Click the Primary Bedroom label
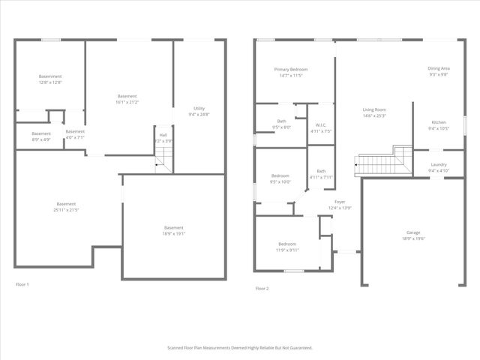click(x=290, y=72)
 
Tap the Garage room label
click(x=413, y=235)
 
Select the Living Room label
click(x=373, y=112)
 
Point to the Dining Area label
click(x=439, y=70)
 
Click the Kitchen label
click(x=439, y=125)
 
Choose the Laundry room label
click(x=439, y=167)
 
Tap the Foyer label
click(x=340, y=204)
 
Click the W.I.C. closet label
click(x=320, y=127)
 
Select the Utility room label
click(x=199, y=111)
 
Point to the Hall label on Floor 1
click(x=163, y=138)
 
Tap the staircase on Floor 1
click(x=163, y=158)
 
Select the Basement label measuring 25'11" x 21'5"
click(x=66, y=207)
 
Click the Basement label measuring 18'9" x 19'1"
click(x=174, y=230)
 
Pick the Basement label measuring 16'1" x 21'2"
click(x=127, y=98)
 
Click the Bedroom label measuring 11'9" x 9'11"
click(x=287, y=247)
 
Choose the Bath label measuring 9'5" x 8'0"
click(x=281, y=124)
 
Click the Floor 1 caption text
click(x=22, y=284)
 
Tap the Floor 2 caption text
click(x=262, y=288)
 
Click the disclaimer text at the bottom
click(x=239, y=348)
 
